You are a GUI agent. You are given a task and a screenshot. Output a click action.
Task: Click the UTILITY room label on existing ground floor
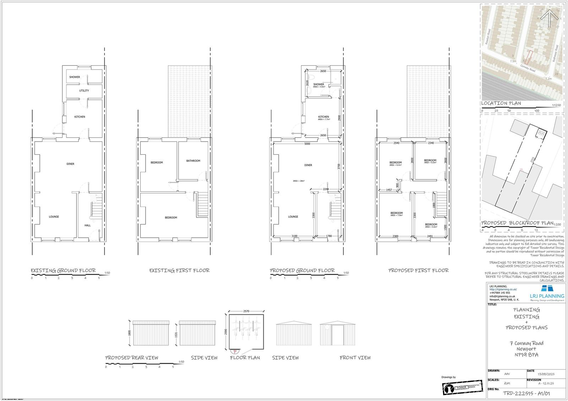click(84, 90)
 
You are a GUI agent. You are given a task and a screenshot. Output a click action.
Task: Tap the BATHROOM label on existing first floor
click(193, 161)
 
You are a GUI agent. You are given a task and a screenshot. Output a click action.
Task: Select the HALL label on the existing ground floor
click(87, 225)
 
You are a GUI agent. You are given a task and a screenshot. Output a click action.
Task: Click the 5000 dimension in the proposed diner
click(307, 144)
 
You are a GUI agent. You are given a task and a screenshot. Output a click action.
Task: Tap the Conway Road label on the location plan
click(528, 67)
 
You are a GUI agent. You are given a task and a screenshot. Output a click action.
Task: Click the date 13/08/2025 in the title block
click(546, 374)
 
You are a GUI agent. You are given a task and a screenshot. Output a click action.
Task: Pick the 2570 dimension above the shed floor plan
click(246, 311)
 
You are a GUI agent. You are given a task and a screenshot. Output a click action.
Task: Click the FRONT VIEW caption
click(355, 358)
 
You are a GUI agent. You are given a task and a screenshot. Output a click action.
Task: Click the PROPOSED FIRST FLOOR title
click(419, 270)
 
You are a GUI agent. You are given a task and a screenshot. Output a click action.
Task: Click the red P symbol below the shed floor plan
click(234, 351)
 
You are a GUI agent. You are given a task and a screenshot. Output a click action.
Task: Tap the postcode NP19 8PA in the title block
click(526, 355)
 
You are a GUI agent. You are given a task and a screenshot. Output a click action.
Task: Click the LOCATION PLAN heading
click(501, 103)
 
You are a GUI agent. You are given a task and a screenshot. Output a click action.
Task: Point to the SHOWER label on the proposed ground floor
click(318, 84)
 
